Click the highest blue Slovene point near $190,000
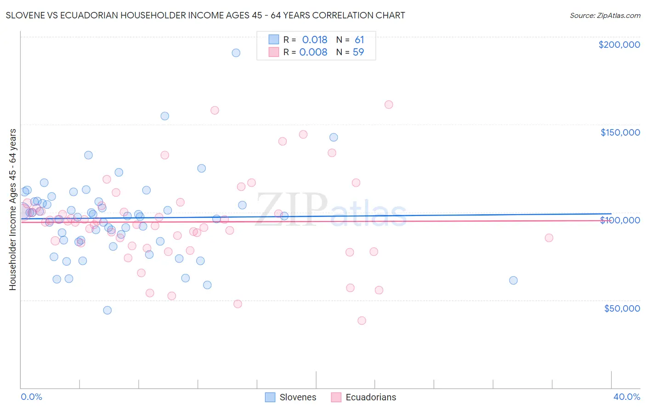tap(236, 53)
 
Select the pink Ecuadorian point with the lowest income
tap(362, 320)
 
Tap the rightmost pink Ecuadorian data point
tap(549, 238)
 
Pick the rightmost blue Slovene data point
tap(513, 280)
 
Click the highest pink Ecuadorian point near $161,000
tap(389, 104)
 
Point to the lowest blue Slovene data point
tap(107, 310)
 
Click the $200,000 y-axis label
tap(619, 45)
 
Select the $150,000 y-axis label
tap(620, 132)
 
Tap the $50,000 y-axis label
tap(622, 308)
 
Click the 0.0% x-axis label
tap(31, 397)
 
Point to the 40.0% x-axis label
tap(626, 397)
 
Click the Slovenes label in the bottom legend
tap(298, 397)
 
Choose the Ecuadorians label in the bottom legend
tap(370, 397)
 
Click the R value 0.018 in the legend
tap(314, 40)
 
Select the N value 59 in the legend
tap(358, 52)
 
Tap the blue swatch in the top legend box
tap(274, 40)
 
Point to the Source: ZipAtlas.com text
tap(605, 15)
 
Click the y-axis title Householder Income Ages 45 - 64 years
tap(12, 210)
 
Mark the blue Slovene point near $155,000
tap(164, 116)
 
